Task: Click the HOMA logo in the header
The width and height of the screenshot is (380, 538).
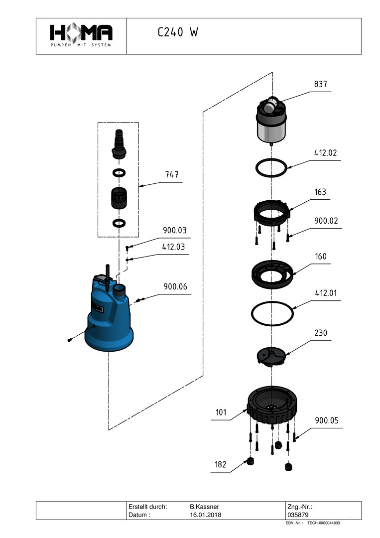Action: pyautogui.click(x=81, y=35)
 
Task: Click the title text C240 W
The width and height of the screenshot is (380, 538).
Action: pyautogui.click(x=178, y=33)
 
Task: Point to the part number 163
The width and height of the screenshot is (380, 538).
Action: pyautogui.click(x=320, y=192)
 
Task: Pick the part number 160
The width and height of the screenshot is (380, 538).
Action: pyautogui.click(x=321, y=257)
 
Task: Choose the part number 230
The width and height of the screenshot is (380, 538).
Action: pyautogui.click(x=321, y=333)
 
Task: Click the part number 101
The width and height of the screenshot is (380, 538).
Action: pyautogui.click(x=221, y=412)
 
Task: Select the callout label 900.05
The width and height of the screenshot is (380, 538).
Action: pyautogui.click(x=326, y=420)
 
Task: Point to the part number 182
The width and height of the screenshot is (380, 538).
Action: pyautogui.click(x=221, y=465)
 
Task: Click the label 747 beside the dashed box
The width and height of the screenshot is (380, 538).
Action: pyautogui.click(x=172, y=175)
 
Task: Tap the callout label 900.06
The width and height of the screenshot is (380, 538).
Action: pyautogui.click(x=175, y=287)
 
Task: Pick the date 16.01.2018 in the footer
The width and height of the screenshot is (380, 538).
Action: pyautogui.click(x=206, y=515)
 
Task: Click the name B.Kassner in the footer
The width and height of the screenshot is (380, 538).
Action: pyautogui.click(x=204, y=507)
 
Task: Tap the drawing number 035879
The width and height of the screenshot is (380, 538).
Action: pyautogui.click(x=297, y=515)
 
